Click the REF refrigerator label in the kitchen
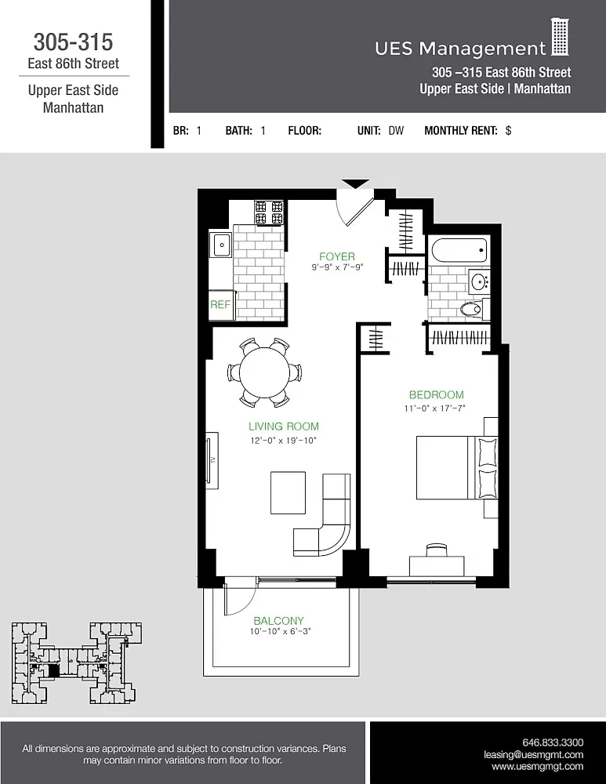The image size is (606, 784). coord(220,305)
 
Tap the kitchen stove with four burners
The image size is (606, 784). coord(269,212)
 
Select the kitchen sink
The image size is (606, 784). coord(220,245)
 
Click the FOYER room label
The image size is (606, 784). coord(337,256)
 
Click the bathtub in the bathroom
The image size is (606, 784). coord(459,252)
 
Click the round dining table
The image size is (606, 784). coord(267,372)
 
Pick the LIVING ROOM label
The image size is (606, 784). coord(284,426)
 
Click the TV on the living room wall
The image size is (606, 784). coord(211,458)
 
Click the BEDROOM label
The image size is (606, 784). coord(436,395)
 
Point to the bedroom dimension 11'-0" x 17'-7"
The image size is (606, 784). coord(434,408)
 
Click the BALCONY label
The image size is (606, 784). coord(278,620)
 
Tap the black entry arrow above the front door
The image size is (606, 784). coord(356,184)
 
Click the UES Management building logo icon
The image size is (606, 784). coord(559,38)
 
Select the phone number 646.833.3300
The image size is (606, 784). coord(553,742)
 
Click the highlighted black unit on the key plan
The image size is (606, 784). coord(53,670)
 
